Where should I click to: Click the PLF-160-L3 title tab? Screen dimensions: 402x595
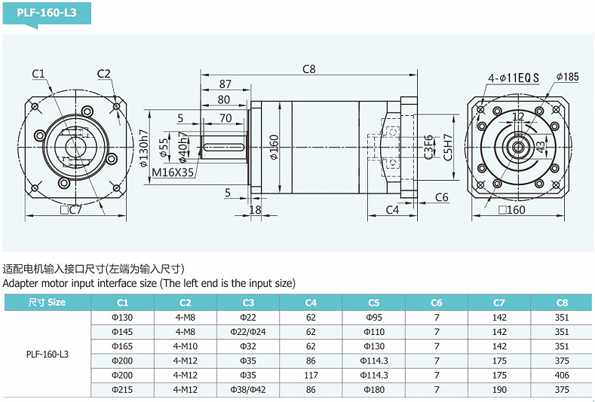pyautogui.click(x=46, y=13)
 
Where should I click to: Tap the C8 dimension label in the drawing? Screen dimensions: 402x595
pyautogui.click(x=308, y=69)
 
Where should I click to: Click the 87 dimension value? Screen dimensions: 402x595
pyautogui.click(x=225, y=84)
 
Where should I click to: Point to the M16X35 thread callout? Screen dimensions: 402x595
pyautogui.click(x=173, y=172)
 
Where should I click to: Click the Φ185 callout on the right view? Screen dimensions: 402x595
pyautogui.click(x=567, y=77)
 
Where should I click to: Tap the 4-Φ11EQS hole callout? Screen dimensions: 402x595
pyautogui.click(x=514, y=78)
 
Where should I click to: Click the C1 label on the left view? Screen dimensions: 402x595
pyautogui.click(x=38, y=73)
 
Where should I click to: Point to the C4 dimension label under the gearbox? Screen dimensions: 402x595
pyautogui.click(x=392, y=209)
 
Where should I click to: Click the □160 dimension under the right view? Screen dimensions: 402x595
pyautogui.click(x=511, y=210)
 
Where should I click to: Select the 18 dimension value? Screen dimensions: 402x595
pyautogui.click(x=255, y=210)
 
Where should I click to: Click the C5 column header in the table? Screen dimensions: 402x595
pyautogui.click(x=373, y=303)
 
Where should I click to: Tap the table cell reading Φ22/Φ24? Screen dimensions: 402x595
pyautogui.click(x=248, y=332)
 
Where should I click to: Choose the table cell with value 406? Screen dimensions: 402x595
pyautogui.click(x=562, y=376)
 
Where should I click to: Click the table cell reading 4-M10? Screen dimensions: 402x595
pyautogui.click(x=185, y=346)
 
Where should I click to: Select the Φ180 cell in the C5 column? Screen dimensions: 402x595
pyautogui.click(x=373, y=390)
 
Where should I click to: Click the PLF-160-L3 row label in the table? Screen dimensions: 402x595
pyautogui.click(x=47, y=354)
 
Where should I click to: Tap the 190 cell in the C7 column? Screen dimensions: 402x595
pyautogui.click(x=499, y=390)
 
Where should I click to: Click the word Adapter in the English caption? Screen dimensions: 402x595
pyautogui.click(x=21, y=283)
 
